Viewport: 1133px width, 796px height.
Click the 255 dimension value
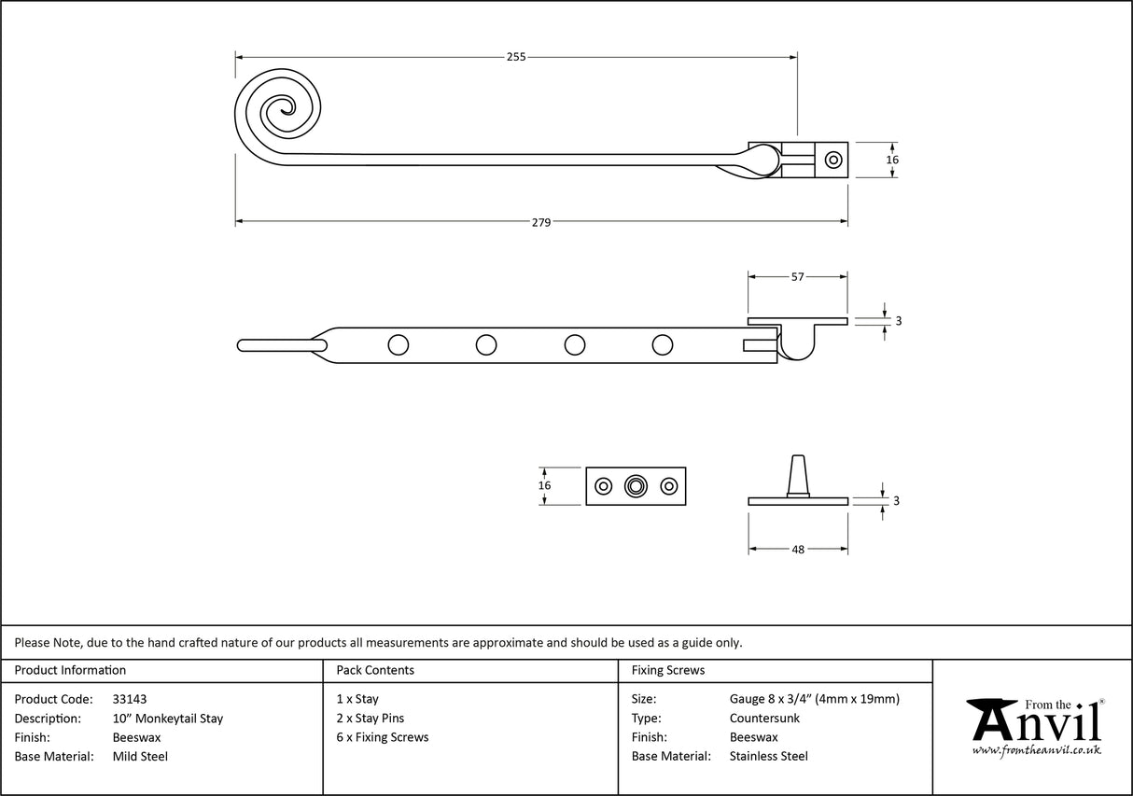point(516,57)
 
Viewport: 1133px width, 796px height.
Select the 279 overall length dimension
point(541,222)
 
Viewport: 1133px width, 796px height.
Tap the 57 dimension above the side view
point(798,277)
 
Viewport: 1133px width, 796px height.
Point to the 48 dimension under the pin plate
point(798,550)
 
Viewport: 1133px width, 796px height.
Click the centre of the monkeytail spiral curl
point(278,113)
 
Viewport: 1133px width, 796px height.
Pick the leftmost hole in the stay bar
point(399,345)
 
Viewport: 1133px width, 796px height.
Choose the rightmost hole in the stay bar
point(663,345)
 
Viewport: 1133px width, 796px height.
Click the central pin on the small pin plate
point(636,486)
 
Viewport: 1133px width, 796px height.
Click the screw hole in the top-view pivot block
point(832,160)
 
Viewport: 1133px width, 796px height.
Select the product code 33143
point(129,699)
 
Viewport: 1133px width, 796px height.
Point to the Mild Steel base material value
point(140,757)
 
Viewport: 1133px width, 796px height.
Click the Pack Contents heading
point(375,670)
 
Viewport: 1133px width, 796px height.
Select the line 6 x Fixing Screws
point(383,737)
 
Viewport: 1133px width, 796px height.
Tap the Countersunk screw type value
point(764,719)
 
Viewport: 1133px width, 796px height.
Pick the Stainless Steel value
point(769,757)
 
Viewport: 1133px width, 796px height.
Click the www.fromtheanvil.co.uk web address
point(1036,750)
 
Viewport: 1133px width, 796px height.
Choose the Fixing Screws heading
point(668,670)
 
